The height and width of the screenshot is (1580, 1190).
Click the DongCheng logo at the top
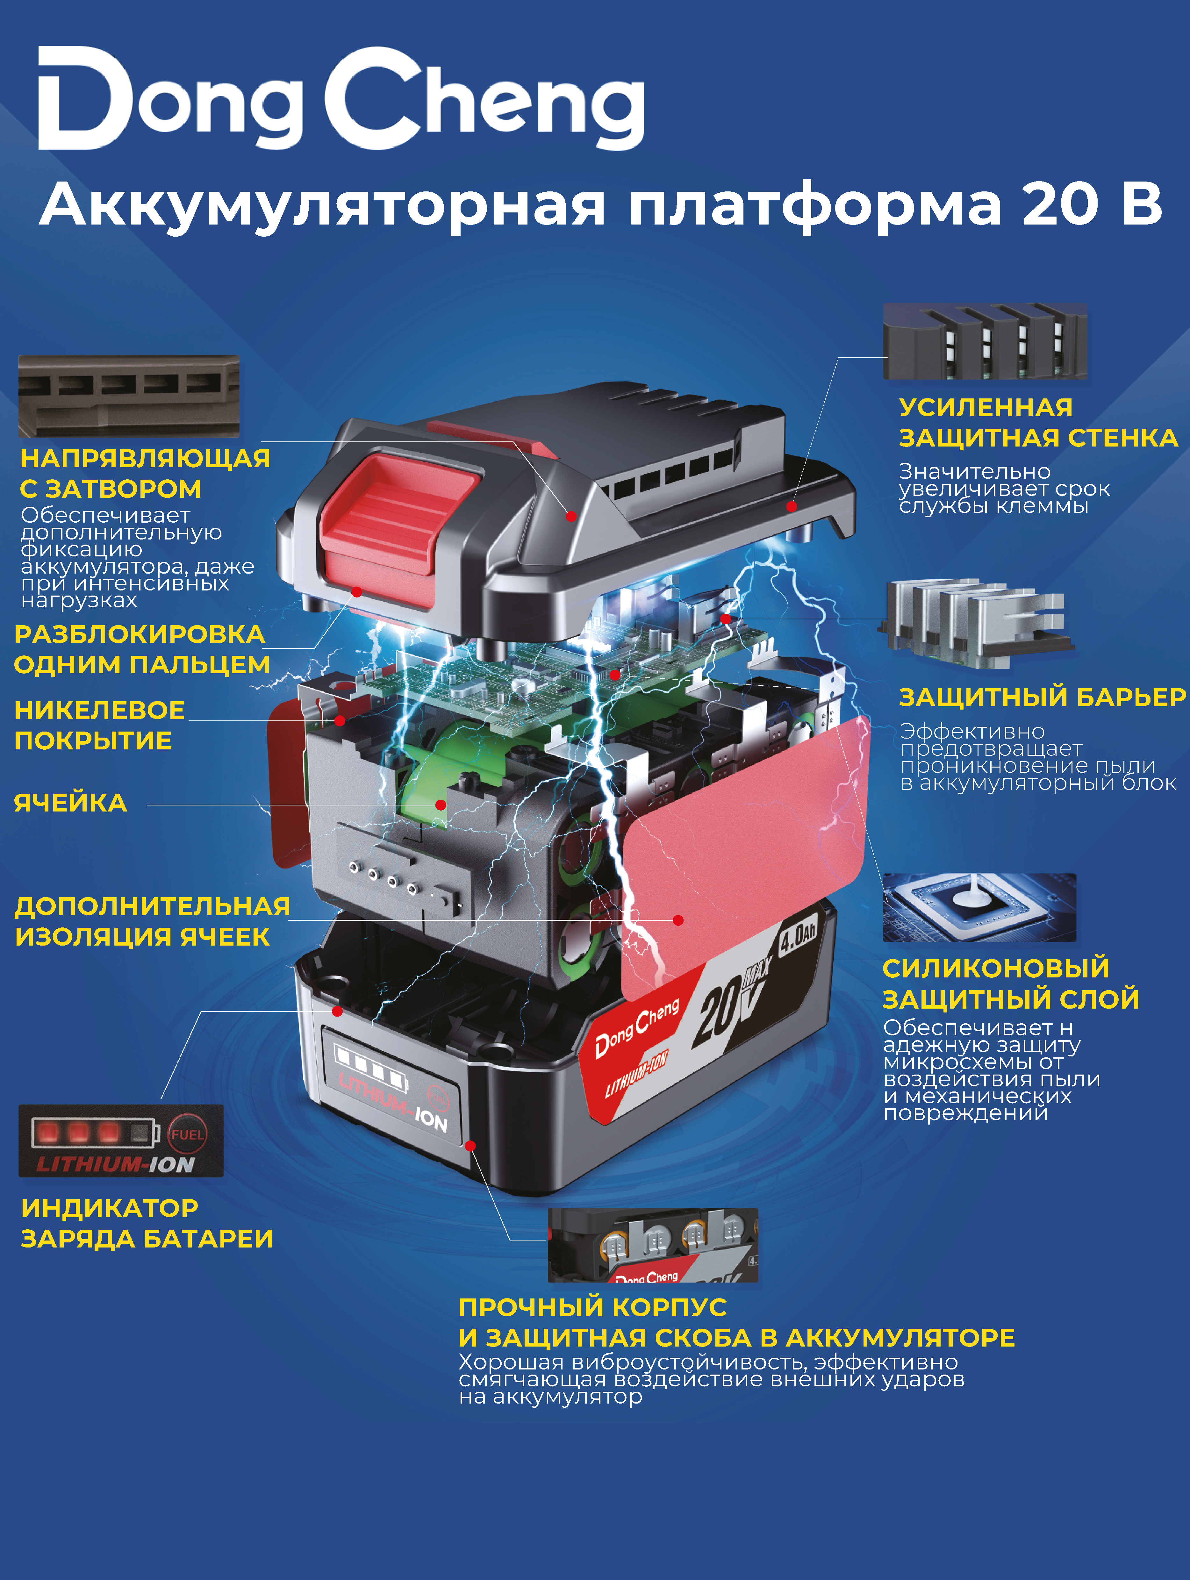pos(341,99)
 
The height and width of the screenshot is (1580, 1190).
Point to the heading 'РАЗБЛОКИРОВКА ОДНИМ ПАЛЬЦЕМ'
pos(141,649)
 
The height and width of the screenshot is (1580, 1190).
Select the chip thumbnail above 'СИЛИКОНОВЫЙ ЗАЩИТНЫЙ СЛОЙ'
pos(979,907)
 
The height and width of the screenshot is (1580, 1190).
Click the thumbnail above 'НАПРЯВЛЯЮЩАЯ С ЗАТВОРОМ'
pos(129,397)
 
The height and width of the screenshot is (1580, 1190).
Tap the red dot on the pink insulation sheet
pos(678,921)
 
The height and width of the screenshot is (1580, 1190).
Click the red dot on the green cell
pos(441,805)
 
